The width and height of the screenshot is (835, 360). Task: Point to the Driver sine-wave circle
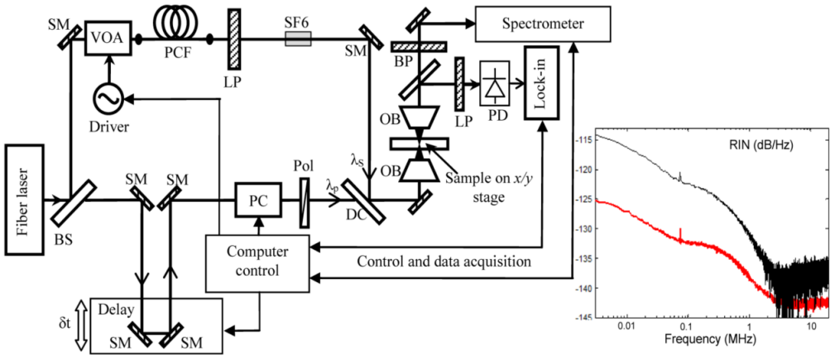coord(108,98)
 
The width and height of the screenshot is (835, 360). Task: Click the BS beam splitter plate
coord(69,199)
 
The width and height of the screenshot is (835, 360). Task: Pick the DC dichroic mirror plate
coord(362,199)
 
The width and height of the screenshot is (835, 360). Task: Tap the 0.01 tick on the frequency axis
coord(626,326)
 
